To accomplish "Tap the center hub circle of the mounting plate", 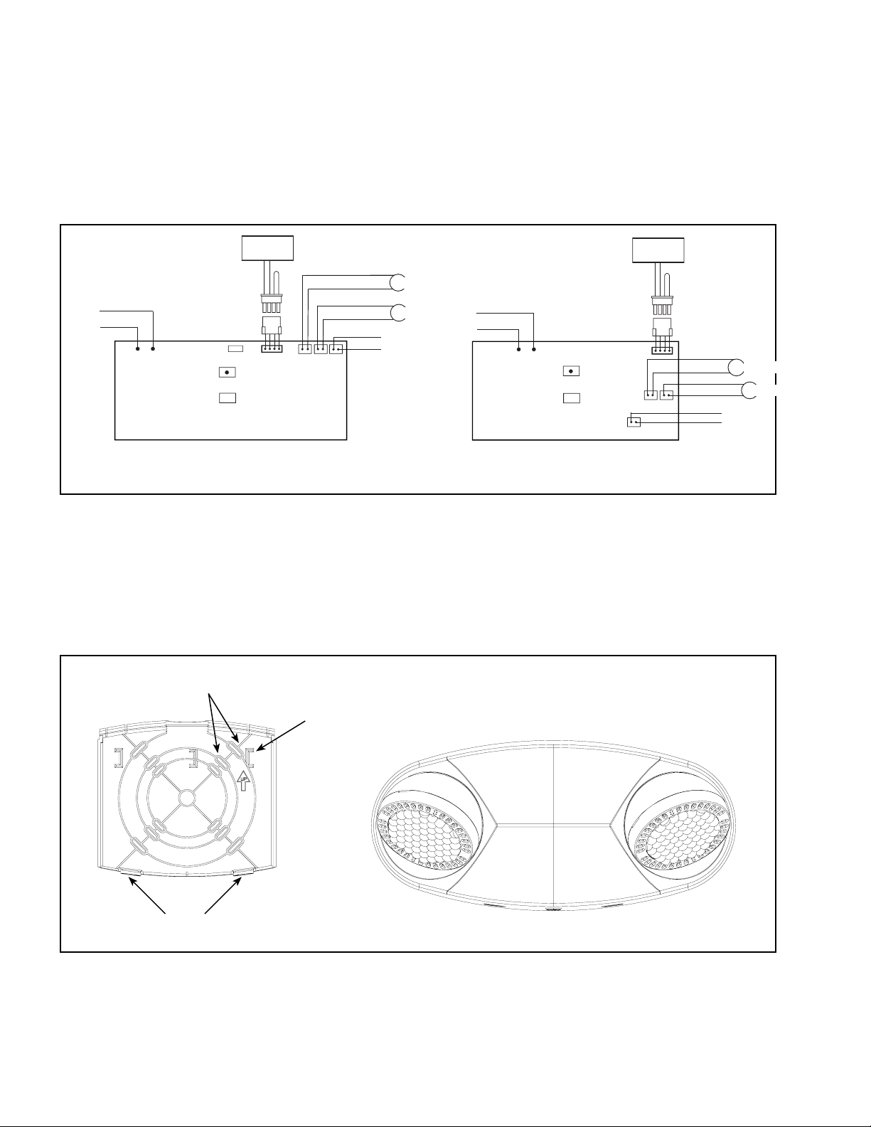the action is (186, 797).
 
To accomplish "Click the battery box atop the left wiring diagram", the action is (268, 248).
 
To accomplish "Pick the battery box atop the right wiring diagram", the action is (658, 250).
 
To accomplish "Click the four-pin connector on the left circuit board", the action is (272, 349).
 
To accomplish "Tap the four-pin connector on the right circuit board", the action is (662, 351).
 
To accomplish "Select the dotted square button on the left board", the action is (227, 373).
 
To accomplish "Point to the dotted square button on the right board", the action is (571, 371).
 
